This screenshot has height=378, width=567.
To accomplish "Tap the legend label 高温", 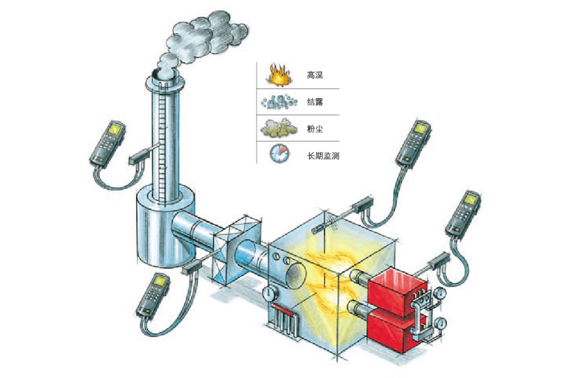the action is (x=314, y=75).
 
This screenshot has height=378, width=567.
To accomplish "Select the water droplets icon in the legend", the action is (x=279, y=102).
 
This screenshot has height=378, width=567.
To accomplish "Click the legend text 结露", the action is (x=314, y=102).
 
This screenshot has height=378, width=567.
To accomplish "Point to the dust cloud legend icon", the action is (x=279, y=128).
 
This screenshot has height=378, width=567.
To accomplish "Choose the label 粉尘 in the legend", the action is (x=314, y=129).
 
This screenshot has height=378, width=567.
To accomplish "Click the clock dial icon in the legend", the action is (x=280, y=153).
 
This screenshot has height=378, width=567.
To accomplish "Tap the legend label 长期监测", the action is (x=323, y=156).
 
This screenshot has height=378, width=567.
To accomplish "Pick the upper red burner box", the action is (x=397, y=289).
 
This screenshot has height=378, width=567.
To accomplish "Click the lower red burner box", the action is (x=391, y=329).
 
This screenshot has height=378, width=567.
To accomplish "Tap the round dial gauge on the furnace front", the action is (x=270, y=292).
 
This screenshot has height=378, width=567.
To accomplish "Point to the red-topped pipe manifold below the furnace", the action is (x=284, y=318).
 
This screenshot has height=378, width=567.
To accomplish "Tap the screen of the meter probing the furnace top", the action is (x=421, y=128).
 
